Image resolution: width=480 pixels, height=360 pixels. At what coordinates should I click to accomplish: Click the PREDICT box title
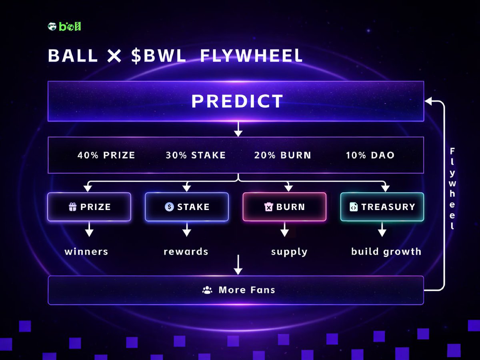point(237,101)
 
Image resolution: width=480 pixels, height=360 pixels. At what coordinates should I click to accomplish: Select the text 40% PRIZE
point(106,155)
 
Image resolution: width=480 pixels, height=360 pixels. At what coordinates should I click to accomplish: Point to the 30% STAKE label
point(196,155)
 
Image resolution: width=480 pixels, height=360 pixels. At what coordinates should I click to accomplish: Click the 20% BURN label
point(282,155)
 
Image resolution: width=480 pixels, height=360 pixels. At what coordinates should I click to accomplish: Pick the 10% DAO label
point(370,155)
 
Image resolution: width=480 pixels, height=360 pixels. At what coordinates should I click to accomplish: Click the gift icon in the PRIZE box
point(72,207)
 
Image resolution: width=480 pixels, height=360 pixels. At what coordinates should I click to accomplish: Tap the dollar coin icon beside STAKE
point(169,207)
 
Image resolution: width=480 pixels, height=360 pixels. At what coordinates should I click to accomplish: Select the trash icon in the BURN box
point(268,207)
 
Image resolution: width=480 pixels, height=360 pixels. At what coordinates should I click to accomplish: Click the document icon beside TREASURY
point(354,207)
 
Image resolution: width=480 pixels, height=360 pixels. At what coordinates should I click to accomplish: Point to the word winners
point(86,252)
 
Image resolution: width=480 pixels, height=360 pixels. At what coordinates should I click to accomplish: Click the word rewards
point(186,252)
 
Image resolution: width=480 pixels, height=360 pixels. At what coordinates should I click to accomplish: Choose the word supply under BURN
point(289,252)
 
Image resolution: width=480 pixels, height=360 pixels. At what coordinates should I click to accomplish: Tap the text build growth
point(386,252)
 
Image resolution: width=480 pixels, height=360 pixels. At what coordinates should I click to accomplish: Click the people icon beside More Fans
point(207,290)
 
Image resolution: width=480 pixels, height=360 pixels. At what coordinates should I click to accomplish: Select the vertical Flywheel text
point(452,188)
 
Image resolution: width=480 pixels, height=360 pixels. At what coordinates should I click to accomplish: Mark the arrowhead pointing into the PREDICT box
point(428,102)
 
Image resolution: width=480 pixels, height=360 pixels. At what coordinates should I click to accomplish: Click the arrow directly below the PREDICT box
point(238,129)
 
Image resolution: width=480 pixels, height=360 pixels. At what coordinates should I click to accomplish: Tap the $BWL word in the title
point(159,56)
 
